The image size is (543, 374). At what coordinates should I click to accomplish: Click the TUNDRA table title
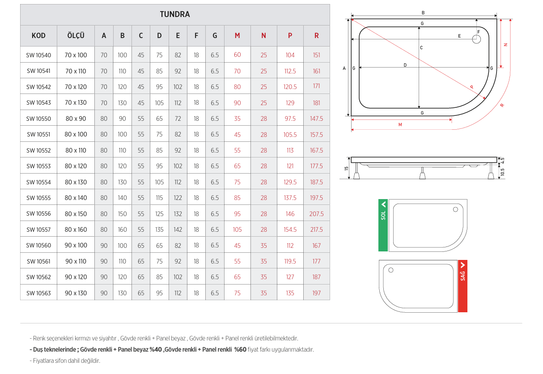[175, 14]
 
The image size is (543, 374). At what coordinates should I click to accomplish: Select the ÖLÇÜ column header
[76, 35]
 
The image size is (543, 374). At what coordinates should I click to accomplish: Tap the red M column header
[237, 36]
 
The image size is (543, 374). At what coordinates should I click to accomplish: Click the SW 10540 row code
[38, 55]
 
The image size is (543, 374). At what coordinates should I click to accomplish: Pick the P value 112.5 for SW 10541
[290, 71]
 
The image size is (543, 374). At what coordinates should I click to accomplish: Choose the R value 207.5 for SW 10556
[316, 214]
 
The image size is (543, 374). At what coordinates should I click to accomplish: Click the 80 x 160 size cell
[76, 229]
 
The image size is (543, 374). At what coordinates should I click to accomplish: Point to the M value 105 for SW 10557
[237, 229]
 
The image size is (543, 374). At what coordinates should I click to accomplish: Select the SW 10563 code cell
[38, 293]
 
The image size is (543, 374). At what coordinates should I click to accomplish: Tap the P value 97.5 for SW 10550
[290, 119]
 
